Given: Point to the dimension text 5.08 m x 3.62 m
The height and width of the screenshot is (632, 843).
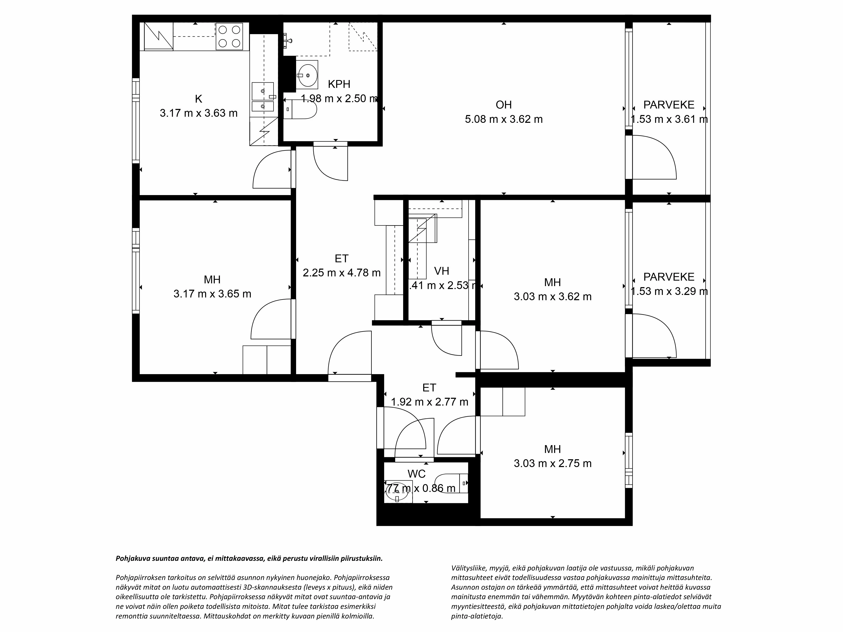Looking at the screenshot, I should pos(503,119).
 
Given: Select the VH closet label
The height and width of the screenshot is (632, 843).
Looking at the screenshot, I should pos(442,271).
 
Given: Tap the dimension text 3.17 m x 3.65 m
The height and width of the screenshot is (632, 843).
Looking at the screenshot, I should pos(212,294).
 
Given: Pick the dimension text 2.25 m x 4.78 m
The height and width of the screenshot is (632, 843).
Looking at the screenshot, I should pos(341,273).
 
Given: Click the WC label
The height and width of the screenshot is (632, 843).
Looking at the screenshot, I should pos(416,474).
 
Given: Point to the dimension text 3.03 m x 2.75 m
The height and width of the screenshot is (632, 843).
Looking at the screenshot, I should pos(553,463).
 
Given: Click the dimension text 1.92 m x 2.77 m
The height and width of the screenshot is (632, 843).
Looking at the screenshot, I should pos(430,402).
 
